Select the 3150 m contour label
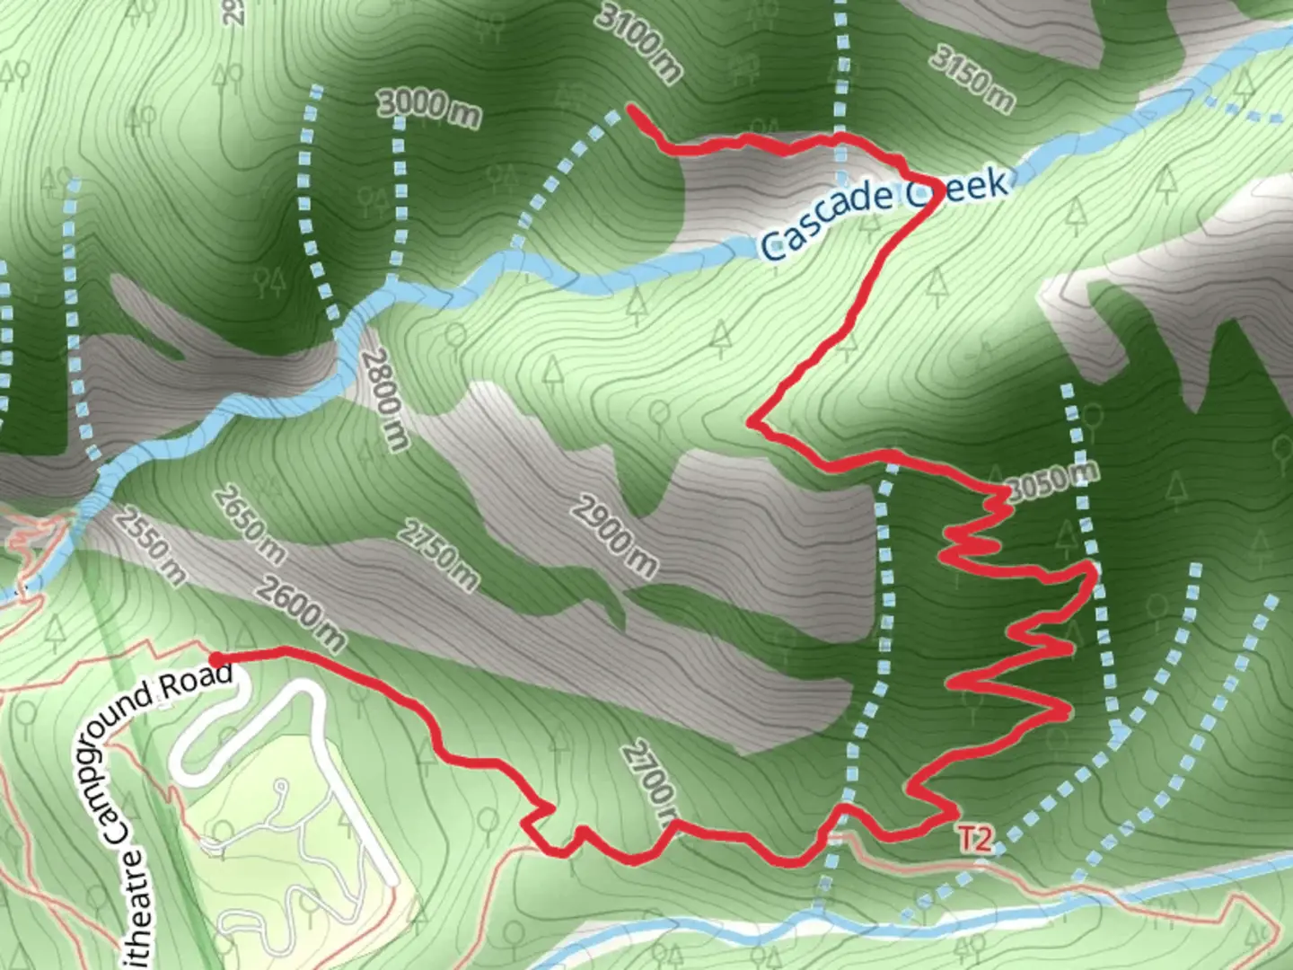coord(971,79)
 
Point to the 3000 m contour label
coord(428,108)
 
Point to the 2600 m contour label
coord(300,613)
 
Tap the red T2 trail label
coord(976,840)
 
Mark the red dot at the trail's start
coord(216,659)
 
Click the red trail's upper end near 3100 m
coord(629,109)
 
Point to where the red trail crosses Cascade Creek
coord(930,201)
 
